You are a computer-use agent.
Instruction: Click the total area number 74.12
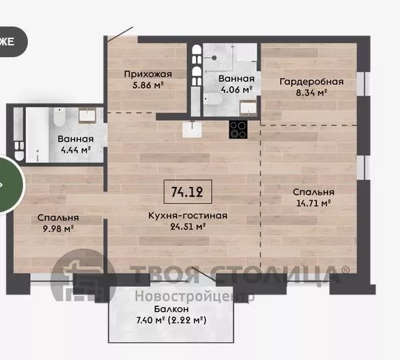(x=187, y=192)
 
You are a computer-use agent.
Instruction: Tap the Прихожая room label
(x=148, y=74)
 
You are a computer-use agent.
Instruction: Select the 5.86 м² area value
(x=148, y=84)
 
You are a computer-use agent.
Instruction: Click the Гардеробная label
(x=311, y=82)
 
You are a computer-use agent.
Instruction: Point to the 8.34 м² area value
(x=311, y=92)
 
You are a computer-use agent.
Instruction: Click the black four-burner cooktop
(x=238, y=130)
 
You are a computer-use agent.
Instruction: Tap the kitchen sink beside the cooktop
(x=192, y=130)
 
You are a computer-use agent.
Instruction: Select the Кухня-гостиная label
(x=187, y=216)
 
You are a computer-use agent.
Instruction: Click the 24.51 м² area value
(x=188, y=226)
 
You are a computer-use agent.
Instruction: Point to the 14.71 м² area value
(x=314, y=203)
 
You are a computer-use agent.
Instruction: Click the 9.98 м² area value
(x=58, y=228)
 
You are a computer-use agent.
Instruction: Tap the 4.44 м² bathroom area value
(x=76, y=149)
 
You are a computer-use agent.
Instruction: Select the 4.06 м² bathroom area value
(x=236, y=89)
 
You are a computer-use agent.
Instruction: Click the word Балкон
(x=171, y=309)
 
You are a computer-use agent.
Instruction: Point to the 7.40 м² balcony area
(x=151, y=320)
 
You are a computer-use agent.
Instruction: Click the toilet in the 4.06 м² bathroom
(x=213, y=98)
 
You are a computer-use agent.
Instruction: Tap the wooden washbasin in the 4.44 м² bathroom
(x=87, y=115)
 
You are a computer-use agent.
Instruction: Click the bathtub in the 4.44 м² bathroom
(x=37, y=135)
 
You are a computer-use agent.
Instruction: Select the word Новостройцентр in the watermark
(x=194, y=297)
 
